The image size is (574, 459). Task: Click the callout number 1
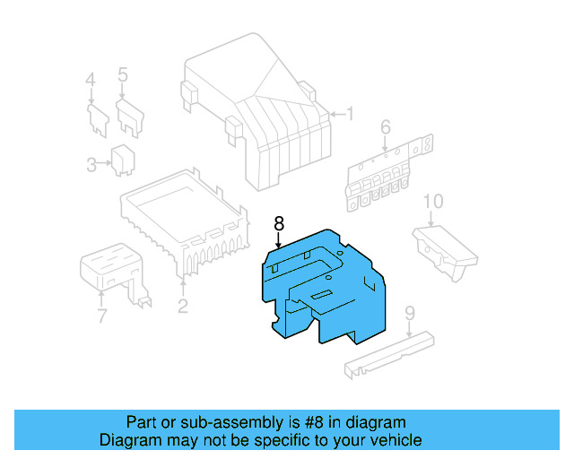351,115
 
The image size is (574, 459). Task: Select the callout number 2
182,307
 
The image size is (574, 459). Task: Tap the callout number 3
91,164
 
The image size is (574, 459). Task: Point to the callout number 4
90,81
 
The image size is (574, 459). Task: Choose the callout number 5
123,74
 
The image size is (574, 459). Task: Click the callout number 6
386,128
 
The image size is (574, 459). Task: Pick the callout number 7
101,316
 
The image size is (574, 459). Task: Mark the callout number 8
279,222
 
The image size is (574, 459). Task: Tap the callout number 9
409,313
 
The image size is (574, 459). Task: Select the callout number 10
433,202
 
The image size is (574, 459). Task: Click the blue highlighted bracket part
323,287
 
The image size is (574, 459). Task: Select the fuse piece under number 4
95,118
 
